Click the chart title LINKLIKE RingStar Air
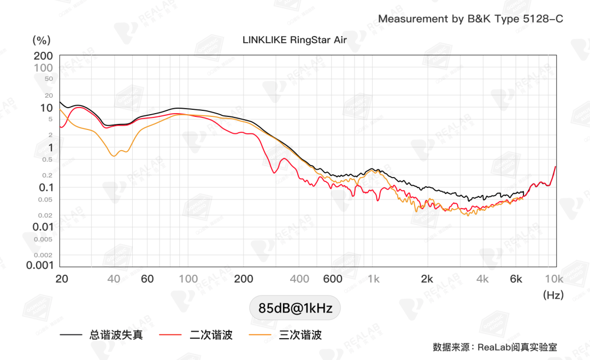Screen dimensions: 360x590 (294, 40)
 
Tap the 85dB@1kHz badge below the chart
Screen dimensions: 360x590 (295, 308)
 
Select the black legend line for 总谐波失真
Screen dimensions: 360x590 (70, 334)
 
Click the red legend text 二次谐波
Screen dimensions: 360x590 (211, 335)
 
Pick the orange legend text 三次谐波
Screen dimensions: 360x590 (300, 335)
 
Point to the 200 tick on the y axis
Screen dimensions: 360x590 (43, 56)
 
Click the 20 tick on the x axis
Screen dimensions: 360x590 (62, 279)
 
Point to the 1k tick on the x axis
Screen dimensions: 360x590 (374, 279)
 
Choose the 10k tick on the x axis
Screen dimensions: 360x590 (553, 279)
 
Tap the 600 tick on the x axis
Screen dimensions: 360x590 (333, 279)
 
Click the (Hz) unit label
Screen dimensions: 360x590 (553, 295)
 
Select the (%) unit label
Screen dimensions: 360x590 (42, 40)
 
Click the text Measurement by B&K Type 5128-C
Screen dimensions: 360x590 (470, 19)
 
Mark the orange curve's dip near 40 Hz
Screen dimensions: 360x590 (114, 156)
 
